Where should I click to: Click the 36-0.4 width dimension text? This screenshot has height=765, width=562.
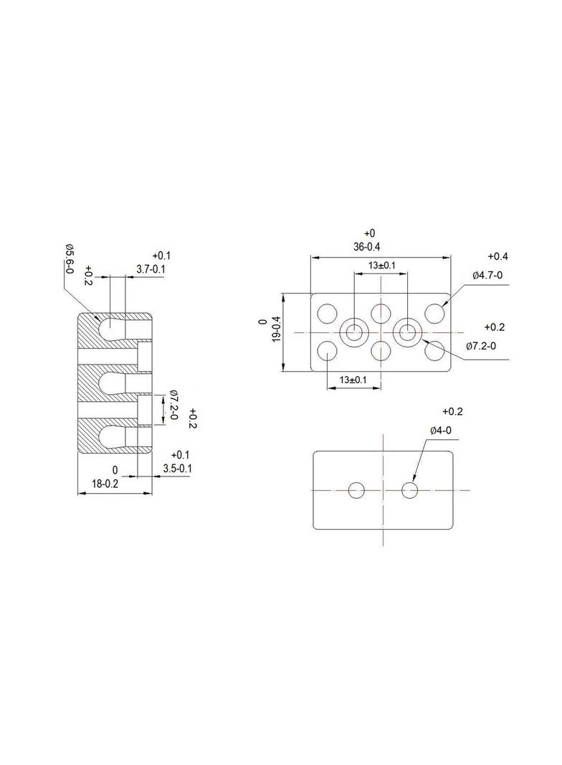click(366, 248)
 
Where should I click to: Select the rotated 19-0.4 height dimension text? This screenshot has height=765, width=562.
click(277, 329)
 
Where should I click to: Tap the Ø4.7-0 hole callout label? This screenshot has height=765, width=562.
click(487, 275)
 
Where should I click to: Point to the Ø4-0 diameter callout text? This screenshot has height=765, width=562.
click(441, 431)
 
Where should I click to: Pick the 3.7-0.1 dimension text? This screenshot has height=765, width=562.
click(150, 269)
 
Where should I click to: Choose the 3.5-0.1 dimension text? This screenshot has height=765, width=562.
click(177, 469)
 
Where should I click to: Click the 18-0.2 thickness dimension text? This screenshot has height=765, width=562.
click(105, 484)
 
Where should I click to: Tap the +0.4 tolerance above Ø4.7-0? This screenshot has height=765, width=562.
click(497, 257)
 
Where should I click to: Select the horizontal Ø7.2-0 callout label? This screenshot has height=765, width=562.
click(480, 346)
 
